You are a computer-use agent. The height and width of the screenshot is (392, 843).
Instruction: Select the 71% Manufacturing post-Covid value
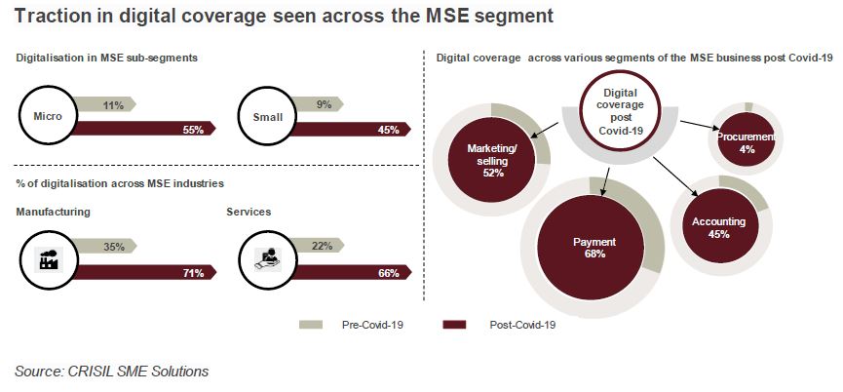click(x=193, y=273)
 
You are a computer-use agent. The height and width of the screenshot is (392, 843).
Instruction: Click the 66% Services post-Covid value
click(x=388, y=273)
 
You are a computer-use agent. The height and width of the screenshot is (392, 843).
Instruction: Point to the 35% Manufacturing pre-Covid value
click(x=114, y=247)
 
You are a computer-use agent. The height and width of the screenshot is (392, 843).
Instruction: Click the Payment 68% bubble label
click(x=594, y=248)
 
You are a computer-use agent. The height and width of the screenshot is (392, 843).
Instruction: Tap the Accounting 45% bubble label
click(x=718, y=227)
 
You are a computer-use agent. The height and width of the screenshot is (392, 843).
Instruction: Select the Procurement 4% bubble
click(x=747, y=142)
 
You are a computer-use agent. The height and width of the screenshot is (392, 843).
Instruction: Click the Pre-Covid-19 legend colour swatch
click(x=311, y=325)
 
